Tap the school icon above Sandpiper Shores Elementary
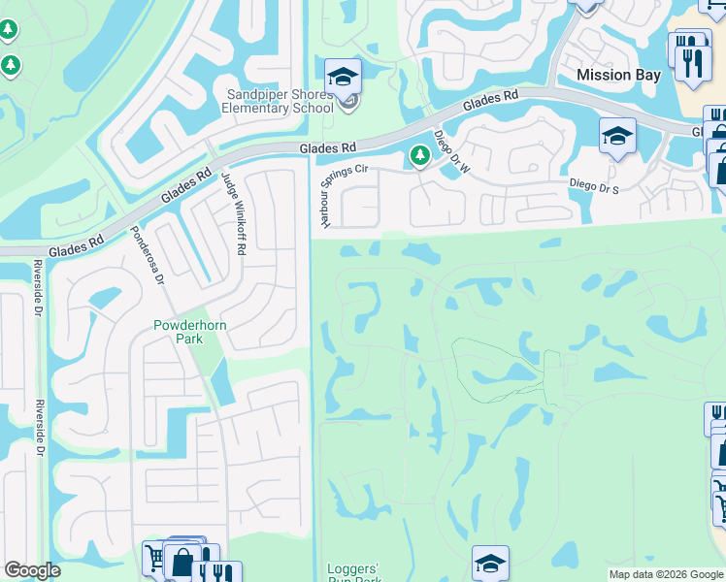pos(343,76)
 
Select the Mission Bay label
pos(618,75)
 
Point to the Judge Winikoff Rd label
pos(234,213)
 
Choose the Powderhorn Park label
pos(190,333)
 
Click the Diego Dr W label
pos(450,152)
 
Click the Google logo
pos(33,570)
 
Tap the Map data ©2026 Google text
pos(666,574)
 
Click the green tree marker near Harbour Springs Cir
pos(419,155)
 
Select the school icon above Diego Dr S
pos(616,135)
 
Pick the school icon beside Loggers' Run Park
pos(490,563)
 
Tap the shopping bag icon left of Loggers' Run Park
pos(182,563)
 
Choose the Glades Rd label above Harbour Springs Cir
pos(327,146)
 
